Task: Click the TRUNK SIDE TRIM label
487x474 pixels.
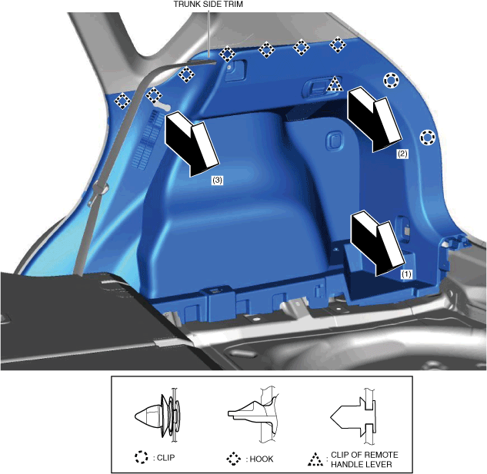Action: pyautogui.click(x=208, y=4)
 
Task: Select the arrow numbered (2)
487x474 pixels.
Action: pyautogui.click(x=374, y=119)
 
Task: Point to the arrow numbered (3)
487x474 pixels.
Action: pyautogui.click(x=192, y=144)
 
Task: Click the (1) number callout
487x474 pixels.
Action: pyautogui.click(x=406, y=274)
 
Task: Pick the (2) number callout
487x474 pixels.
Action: pyautogui.click(x=402, y=154)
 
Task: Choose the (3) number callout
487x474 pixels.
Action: pyautogui.click(x=217, y=180)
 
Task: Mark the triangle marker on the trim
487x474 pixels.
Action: pyautogui.click(x=335, y=84)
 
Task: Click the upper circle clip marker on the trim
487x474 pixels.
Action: pyautogui.click(x=391, y=81)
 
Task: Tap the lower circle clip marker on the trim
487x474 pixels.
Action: pyautogui.click(x=428, y=138)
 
